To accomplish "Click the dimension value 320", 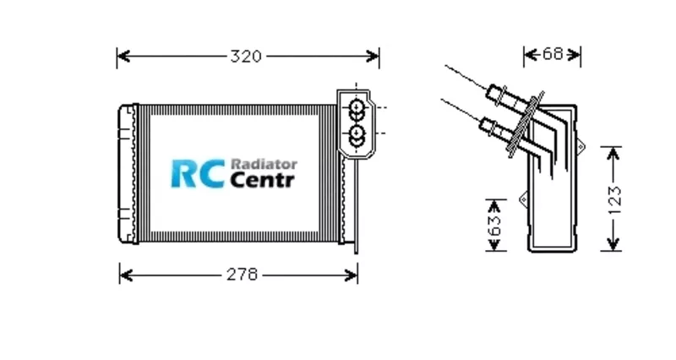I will point(246,57).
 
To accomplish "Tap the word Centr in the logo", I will point(262,180).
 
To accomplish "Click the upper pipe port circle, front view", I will point(357,107).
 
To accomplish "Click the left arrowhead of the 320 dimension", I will point(121,57).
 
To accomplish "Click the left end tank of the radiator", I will point(128,173).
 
